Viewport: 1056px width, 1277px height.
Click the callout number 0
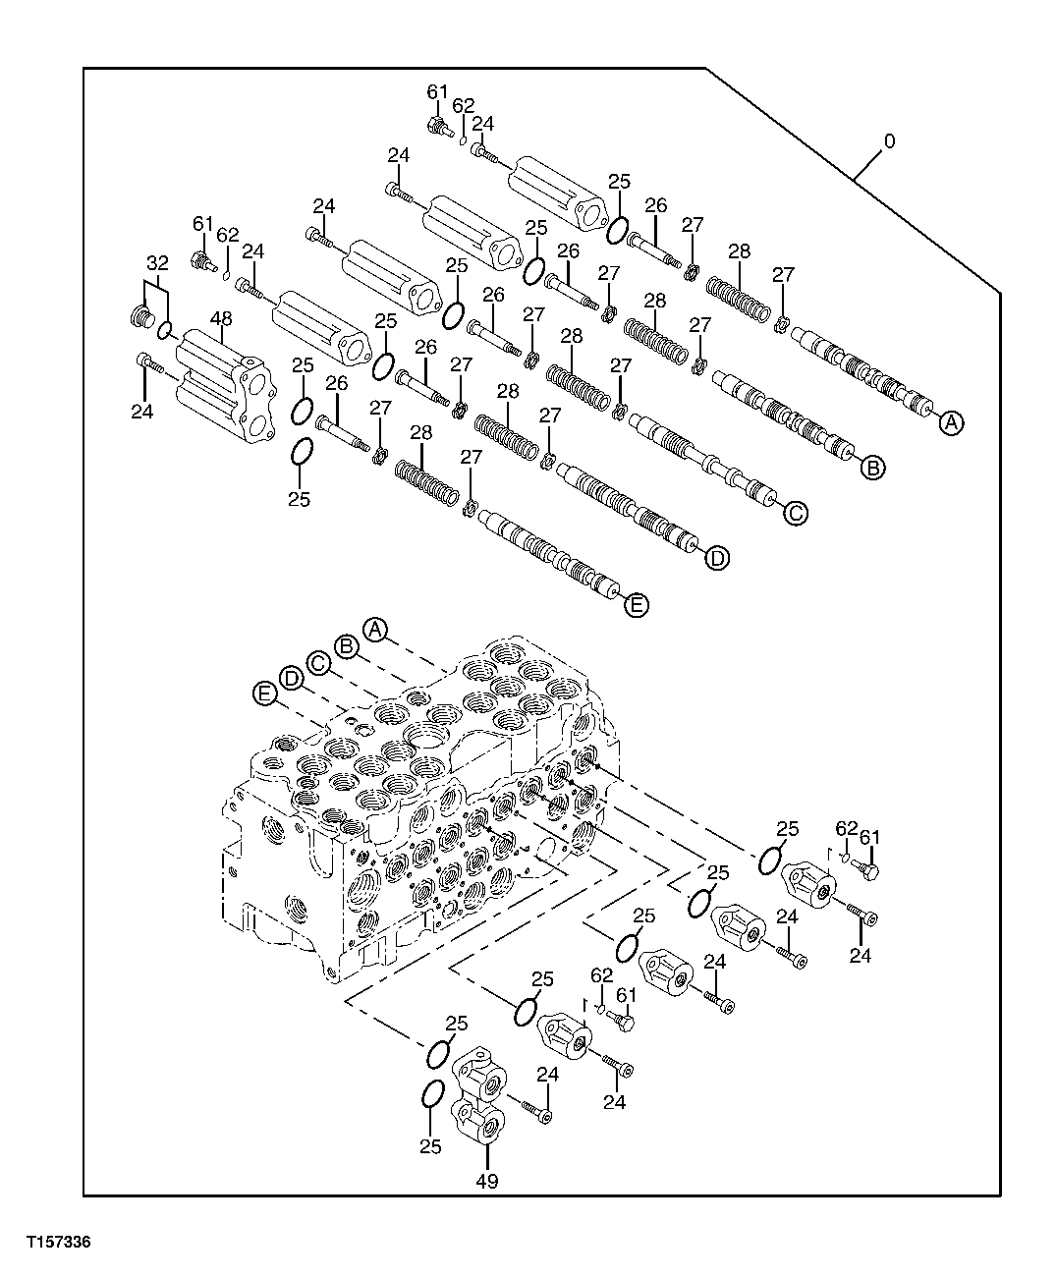(x=889, y=141)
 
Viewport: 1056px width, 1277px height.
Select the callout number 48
(x=221, y=319)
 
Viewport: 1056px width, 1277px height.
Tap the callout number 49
(x=486, y=1182)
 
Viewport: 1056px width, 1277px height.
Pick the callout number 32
(x=157, y=263)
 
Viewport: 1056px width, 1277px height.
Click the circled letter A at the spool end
(x=951, y=422)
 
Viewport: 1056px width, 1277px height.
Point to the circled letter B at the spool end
(x=873, y=469)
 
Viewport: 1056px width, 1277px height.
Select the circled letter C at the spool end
(x=796, y=512)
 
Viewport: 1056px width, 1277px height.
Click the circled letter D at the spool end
(x=718, y=558)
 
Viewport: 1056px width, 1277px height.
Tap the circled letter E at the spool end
(x=637, y=605)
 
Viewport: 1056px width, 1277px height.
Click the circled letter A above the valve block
(x=374, y=628)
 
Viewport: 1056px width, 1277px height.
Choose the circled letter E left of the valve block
(x=262, y=694)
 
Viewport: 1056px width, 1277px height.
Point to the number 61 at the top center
(x=437, y=91)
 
